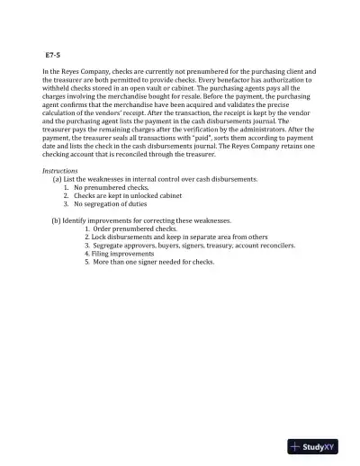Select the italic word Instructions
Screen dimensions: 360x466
(59, 170)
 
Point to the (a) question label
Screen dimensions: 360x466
(58, 179)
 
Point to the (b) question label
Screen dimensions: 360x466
(58, 220)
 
